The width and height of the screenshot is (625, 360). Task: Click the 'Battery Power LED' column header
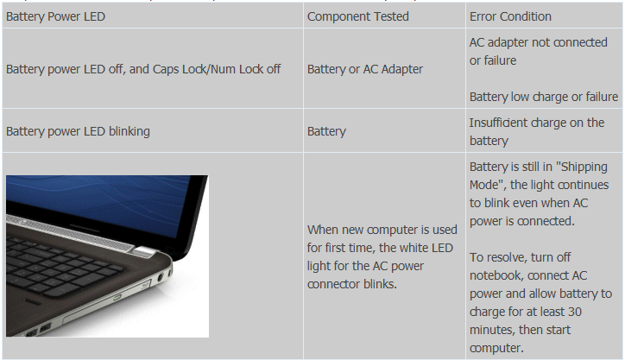(55, 16)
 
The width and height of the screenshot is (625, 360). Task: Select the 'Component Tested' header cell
(358, 16)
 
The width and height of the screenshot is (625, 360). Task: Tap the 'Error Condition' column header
(510, 16)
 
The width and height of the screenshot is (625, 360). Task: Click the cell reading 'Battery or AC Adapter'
(364, 69)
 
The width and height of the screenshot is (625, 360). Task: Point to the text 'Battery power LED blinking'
(78, 131)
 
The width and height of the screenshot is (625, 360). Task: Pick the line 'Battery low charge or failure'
(544, 97)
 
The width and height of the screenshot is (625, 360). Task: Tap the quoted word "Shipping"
(584, 167)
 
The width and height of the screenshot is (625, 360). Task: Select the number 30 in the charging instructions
(574, 312)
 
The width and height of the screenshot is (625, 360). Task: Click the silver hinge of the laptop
(144, 251)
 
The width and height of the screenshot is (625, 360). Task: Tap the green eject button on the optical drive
(117, 297)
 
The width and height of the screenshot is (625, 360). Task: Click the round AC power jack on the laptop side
(161, 277)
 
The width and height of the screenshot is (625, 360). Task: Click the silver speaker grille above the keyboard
(72, 232)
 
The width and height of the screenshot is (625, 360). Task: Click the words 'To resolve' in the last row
(496, 257)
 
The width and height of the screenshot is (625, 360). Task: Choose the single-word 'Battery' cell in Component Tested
(326, 131)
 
